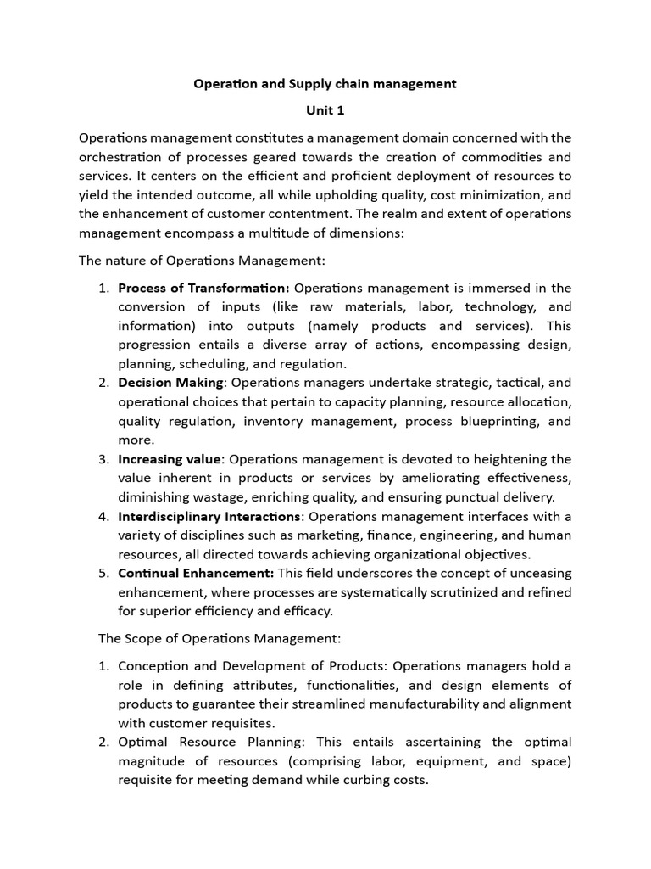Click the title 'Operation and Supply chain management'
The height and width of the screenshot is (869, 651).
pyautogui.click(x=325, y=83)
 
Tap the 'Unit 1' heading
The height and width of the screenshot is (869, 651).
pyautogui.click(x=325, y=110)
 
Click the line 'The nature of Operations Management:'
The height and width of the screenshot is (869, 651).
pyautogui.click(x=202, y=260)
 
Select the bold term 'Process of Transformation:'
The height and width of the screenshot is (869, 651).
pyautogui.click(x=203, y=288)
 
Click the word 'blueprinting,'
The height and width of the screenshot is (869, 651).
pyautogui.click(x=495, y=421)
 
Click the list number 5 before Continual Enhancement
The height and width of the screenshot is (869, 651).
pyautogui.click(x=103, y=574)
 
